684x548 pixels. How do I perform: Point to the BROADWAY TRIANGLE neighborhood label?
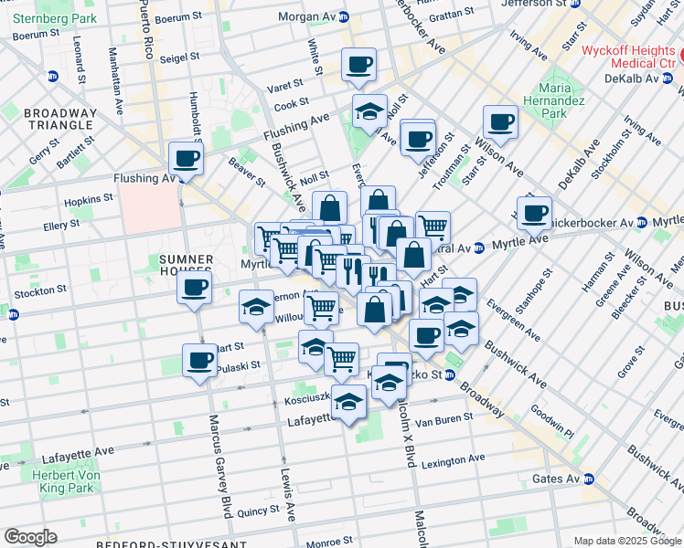tap(48, 119)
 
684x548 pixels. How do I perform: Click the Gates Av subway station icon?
tap(590, 479)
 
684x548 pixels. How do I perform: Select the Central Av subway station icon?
tap(478, 248)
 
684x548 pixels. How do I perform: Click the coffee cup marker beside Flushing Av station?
tap(186, 159)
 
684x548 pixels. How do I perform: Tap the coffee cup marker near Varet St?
tap(358, 65)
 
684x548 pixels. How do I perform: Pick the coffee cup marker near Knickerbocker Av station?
tap(534, 214)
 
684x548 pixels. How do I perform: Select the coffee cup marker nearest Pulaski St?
tap(200, 361)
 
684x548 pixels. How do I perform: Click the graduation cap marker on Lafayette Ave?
tap(349, 402)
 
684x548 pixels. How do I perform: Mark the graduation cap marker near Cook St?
tap(369, 111)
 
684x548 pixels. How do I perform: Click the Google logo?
tap(31, 537)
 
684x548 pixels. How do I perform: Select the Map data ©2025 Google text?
tap(627, 541)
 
